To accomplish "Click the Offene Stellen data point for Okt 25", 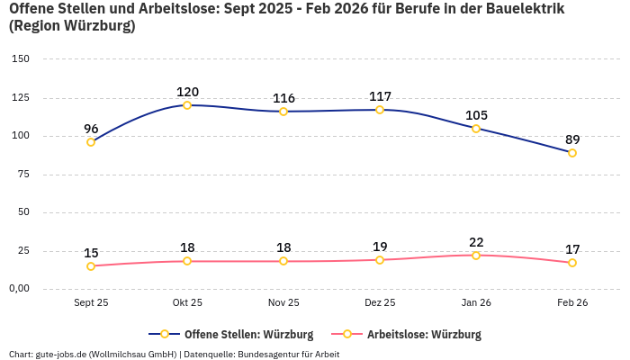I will pyautogui.click(x=187, y=105).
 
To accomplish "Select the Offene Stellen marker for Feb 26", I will pyautogui.click(x=572, y=153).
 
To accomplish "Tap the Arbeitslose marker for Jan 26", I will pyautogui.click(x=476, y=256).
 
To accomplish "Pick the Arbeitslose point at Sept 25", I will pyautogui.click(x=91, y=266).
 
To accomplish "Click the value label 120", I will pyautogui.click(x=187, y=92).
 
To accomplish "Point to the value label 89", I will pyautogui.click(x=572, y=139).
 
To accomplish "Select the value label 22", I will pyautogui.click(x=476, y=242).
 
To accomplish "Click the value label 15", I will pyautogui.click(x=91, y=253).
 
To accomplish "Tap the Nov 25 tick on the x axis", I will pyautogui.click(x=283, y=303).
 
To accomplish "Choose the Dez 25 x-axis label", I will pyautogui.click(x=380, y=303).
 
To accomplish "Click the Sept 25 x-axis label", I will pyautogui.click(x=91, y=303).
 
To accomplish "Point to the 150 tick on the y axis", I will pyautogui.click(x=20, y=58).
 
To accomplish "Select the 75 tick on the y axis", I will pyautogui.click(x=22, y=174).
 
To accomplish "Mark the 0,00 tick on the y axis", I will pyautogui.click(x=18, y=289).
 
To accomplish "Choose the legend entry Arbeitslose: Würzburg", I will pyautogui.click(x=423, y=335).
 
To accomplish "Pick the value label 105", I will pyautogui.click(x=476, y=115).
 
